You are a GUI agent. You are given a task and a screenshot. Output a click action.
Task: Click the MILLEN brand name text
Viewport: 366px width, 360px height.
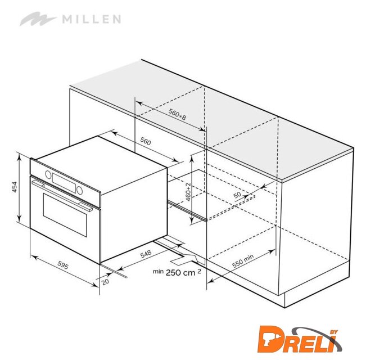click(x=92, y=19)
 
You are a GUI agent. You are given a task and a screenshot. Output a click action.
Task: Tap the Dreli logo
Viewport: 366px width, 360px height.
click(x=300, y=340)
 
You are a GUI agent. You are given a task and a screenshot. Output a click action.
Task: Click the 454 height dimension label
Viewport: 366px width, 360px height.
click(x=14, y=187)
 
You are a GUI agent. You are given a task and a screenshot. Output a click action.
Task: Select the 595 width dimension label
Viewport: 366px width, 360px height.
click(x=63, y=265)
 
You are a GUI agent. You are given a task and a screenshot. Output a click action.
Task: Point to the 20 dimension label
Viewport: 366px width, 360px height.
click(x=105, y=282)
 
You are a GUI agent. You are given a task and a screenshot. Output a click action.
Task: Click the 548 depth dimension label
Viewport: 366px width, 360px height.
click(x=146, y=254)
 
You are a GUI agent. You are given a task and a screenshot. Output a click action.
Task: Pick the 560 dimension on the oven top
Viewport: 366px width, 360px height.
click(x=146, y=141)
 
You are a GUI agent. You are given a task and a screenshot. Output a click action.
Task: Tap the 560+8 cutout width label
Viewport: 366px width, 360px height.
click(x=178, y=115)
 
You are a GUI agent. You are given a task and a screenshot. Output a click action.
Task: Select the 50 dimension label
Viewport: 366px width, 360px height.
click(x=237, y=195)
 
